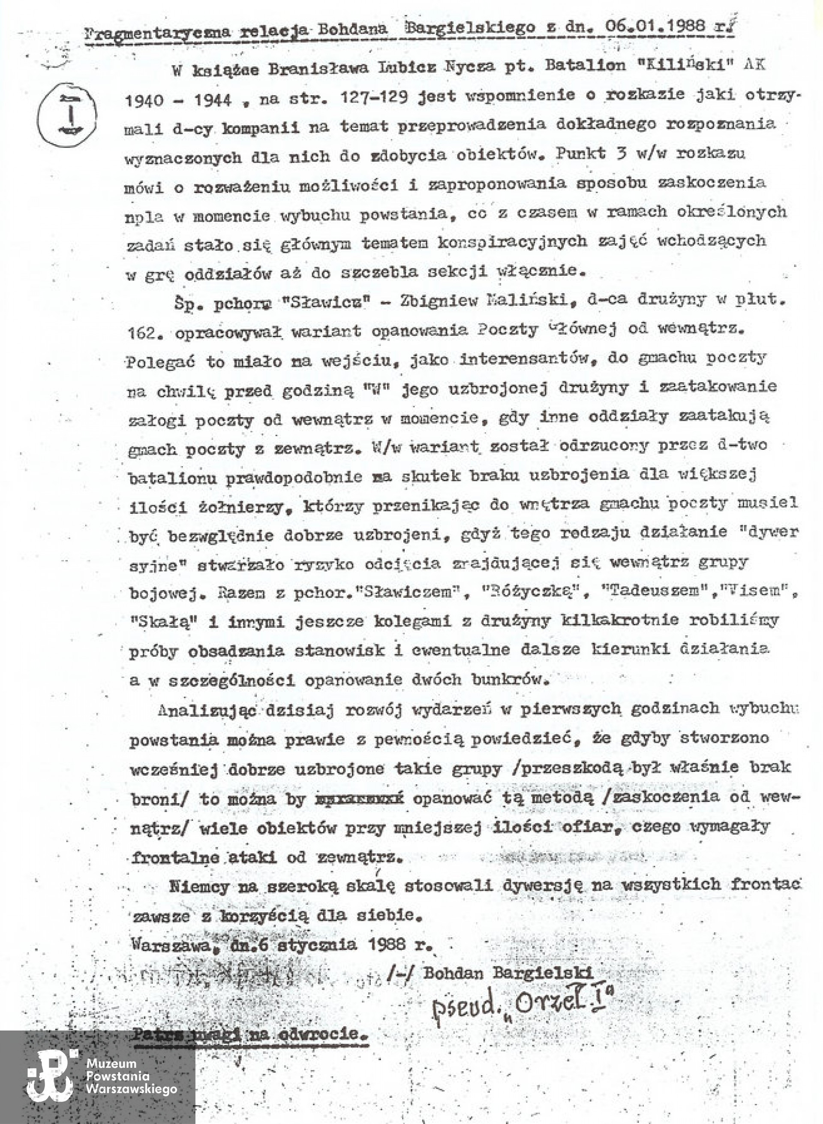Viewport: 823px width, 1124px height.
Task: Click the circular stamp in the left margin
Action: point(67,114)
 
